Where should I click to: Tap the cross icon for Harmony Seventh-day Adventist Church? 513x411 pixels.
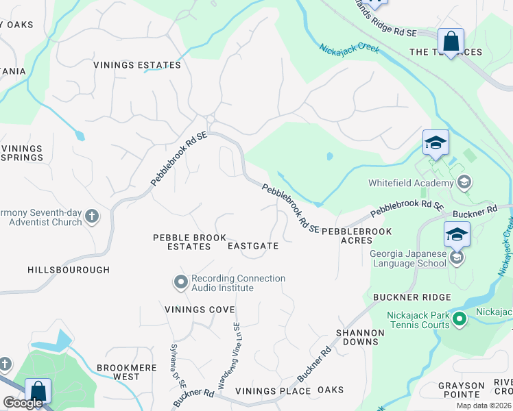[92, 218]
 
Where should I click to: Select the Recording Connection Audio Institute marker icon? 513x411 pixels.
[180, 282]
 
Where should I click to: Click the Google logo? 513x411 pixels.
[23, 403]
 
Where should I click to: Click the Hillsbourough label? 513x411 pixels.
[69, 270]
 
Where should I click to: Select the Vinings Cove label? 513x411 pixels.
[200, 310]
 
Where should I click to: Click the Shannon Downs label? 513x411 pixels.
[359, 337]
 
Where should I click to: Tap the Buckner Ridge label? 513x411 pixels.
[412, 297]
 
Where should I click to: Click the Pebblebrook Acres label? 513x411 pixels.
[347, 236]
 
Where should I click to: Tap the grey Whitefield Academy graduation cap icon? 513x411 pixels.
[464, 182]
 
